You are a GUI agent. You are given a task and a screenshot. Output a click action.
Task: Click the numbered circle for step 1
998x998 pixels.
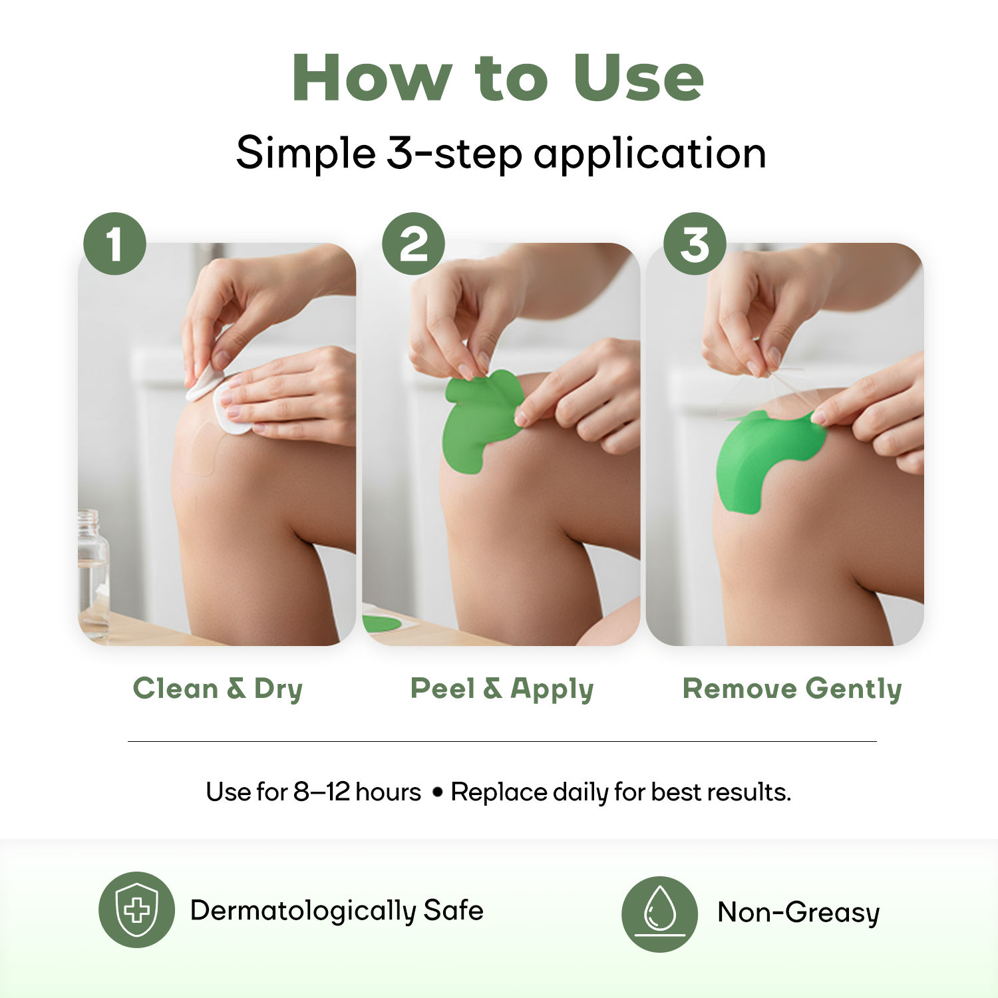(114, 244)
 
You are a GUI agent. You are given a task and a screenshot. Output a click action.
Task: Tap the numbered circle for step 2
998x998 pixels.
(413, 244)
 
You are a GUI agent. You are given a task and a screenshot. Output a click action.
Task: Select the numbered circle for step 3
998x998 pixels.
(695, 244)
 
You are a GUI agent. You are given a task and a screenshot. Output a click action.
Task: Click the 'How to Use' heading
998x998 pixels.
(498, 79)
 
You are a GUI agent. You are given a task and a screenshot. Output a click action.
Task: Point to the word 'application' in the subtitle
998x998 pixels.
(649, 154)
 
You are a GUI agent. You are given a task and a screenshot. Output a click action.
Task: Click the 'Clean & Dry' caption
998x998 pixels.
(218, 689)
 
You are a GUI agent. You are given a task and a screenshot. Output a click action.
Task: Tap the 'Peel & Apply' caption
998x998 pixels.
(502, 689)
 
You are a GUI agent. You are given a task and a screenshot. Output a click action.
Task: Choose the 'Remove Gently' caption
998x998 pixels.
(792, 689)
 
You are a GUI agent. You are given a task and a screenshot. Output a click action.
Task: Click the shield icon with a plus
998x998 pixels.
(136, 910)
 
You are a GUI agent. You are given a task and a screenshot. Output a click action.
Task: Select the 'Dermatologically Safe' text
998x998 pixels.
(337, 911)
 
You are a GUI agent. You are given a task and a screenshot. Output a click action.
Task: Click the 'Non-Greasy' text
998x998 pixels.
(798, 912)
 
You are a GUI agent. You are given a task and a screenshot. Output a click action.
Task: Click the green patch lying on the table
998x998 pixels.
(381, 623)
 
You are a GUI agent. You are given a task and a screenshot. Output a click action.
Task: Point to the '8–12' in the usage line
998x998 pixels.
(322, 792)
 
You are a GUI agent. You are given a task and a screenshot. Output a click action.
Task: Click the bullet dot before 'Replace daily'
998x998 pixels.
(437, 793)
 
